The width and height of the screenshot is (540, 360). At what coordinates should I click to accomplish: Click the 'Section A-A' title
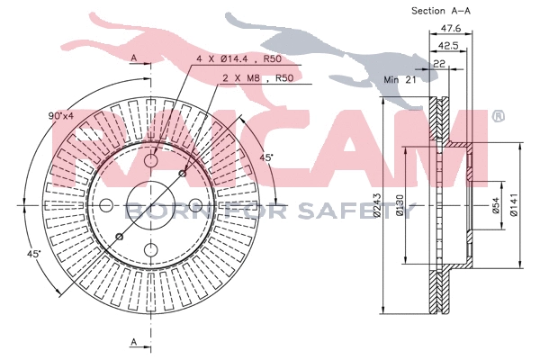tap(442, 11)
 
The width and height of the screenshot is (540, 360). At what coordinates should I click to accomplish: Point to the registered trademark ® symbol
tap(497, 117)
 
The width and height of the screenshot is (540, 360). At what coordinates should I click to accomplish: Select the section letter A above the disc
tap(133, 58)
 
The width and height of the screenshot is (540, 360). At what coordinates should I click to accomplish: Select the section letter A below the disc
tap(133, 342)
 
